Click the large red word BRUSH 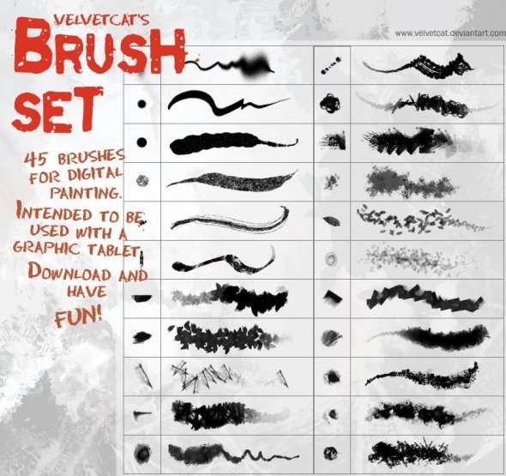pos(101,53)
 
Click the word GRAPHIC pos(48,248)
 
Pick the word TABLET pos(117,249)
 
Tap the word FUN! pos(77,316)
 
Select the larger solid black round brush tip pos(142,141)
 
